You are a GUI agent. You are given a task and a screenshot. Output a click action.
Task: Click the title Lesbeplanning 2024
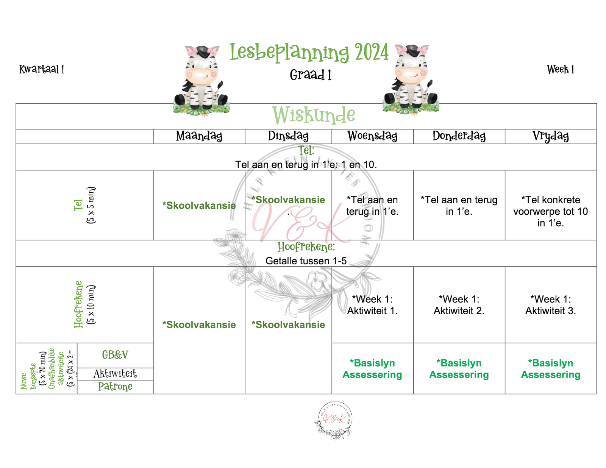click(309, 52)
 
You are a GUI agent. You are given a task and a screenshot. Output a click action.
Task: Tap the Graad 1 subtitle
click(311, 75)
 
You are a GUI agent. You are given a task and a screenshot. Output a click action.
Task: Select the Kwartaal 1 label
click(42, 69)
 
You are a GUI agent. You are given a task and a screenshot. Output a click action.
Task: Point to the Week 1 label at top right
click(560, 70)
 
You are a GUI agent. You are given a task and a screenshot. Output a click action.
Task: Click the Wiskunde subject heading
click(314, 115)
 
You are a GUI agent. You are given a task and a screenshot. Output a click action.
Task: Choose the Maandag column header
click(199, 136)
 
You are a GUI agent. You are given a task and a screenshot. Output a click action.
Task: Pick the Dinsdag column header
click(288, 136)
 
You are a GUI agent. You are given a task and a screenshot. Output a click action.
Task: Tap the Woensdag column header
click(372, 136)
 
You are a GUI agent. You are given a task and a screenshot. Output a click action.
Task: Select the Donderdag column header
click(459, 136)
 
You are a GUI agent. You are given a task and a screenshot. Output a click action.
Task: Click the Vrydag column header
click(550, 136)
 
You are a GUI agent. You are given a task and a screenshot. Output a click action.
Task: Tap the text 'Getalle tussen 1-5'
click(306, 261)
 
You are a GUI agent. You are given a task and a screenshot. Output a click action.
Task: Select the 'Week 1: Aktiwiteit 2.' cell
click(459, 305)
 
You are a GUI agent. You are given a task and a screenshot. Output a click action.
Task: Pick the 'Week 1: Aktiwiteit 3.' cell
click(550, 305)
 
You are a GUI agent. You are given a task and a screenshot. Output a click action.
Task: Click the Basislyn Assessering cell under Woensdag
click(372, 368)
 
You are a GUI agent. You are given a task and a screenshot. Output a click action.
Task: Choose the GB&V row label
click(115, 355)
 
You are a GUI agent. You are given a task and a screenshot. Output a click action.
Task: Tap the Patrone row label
click(115, 387)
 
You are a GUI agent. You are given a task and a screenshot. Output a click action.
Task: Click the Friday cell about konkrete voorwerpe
click(550, 211)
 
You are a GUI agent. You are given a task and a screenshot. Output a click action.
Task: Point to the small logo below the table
click(333, 420)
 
